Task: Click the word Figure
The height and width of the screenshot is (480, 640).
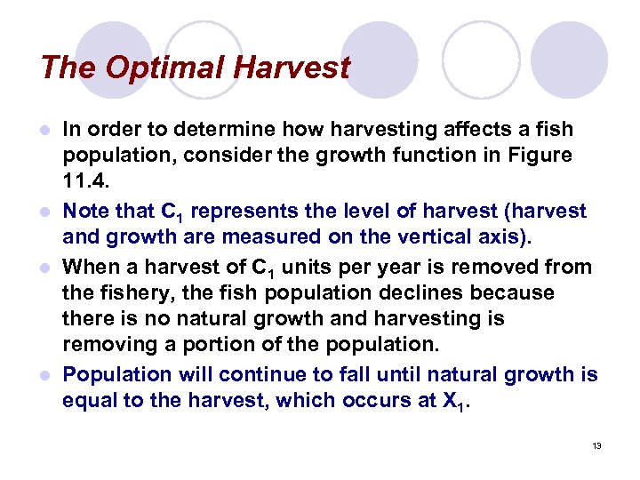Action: pos(541,155)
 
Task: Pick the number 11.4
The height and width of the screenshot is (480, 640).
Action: pos(85,180)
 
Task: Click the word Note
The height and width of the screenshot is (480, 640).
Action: pos(87,212)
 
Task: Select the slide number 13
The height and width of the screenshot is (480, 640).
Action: pos(596,445)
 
